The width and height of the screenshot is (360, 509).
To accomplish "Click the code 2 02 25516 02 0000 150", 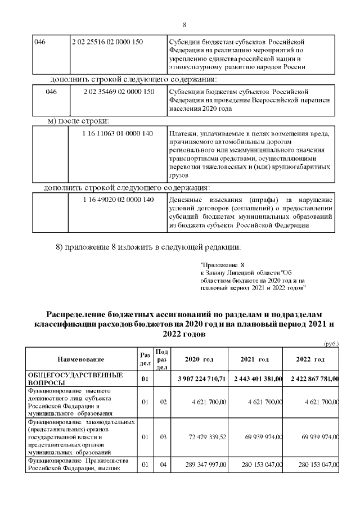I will (107, 42).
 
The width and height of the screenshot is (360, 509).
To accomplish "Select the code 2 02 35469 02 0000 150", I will (119, 91).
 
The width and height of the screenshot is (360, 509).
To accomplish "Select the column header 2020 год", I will (199, 359).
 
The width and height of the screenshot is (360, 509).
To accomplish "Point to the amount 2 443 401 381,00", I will (256, 379).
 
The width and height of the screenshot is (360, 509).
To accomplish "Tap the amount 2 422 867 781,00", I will (313, 379).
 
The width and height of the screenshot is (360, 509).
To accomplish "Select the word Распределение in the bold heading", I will (78, 313).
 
